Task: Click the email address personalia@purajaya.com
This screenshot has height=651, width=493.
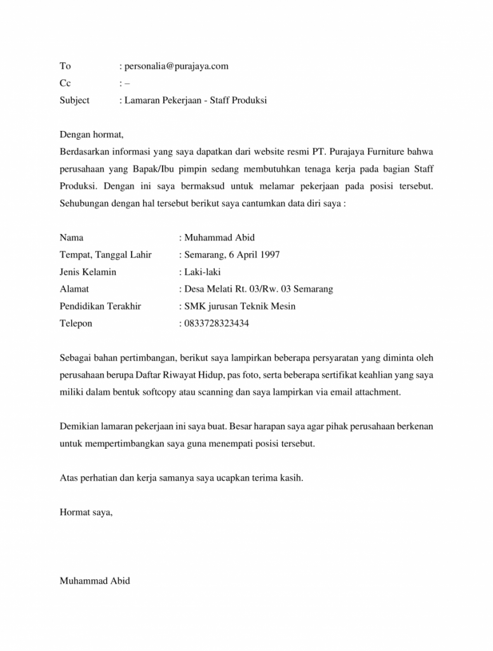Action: point(176,66)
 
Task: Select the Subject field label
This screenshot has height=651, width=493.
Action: point(74,100)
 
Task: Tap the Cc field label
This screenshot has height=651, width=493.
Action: point(65,83)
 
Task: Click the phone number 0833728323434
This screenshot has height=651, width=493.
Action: point(216,324)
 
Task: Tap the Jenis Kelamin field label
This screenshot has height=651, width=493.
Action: point(88,272)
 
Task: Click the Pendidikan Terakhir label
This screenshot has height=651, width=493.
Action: point(100,306)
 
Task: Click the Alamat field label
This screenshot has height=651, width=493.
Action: point(74,289)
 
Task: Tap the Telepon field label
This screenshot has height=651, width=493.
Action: point(76,324)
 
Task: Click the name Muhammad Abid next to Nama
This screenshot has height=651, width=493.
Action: point(219,238)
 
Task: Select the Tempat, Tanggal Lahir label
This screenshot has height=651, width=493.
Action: point(105,255)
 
